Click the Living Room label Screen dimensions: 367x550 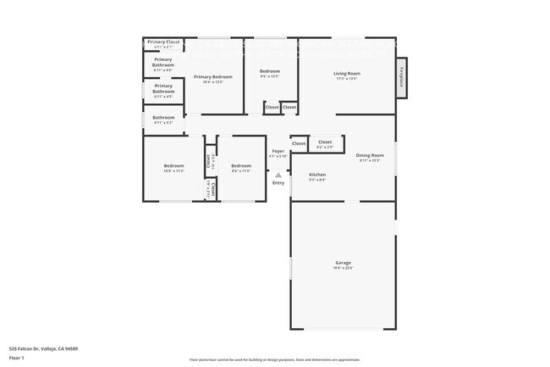coord(346,75)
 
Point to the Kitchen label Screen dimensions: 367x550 coord(317,176)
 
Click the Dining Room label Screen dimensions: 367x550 coord(370,157)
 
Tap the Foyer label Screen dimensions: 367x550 coord(278,153)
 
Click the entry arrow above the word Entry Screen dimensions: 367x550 coord(278,175)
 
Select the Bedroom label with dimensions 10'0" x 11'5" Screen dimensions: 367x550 coord(173,167)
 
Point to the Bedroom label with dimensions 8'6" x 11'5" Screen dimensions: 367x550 coord(241,167)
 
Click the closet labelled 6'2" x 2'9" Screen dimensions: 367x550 coord(325,143)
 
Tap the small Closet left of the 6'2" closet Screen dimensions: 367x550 coord(299,143)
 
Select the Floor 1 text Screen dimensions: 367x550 coord(15,357)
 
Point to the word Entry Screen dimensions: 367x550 coord(278,183)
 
